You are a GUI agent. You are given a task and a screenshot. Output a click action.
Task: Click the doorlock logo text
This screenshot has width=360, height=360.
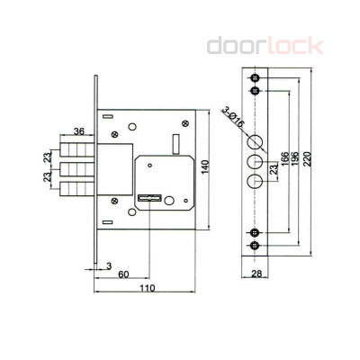pos(264,45)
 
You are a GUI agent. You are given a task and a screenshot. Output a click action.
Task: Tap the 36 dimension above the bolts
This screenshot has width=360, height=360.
pos(79,132)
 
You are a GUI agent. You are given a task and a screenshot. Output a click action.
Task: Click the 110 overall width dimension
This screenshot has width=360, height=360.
pos(147,288)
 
